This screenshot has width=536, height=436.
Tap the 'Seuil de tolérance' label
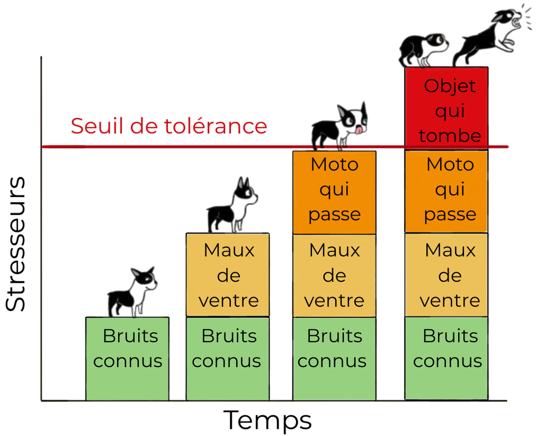[x=168, y=127]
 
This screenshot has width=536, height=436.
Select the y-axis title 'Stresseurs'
[x=16, y=244]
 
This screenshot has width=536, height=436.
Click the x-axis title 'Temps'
[x=267, y=420]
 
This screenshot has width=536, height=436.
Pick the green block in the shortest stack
[x=127, y=358]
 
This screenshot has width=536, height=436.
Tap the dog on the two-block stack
[x=233, y=207]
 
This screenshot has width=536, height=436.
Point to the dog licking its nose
[x=340, y=126]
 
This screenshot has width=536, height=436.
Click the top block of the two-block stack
[x=228, y=274]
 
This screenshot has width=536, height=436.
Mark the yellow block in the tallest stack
[x=446, y=274]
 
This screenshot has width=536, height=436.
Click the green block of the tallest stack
[x=446, y=358]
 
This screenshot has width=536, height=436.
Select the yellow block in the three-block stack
[x=334, y=274]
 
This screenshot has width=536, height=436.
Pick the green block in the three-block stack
[x=334, y=358]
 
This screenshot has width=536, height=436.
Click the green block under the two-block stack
[x=228, y=358]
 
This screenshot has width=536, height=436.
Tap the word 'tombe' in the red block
[x=450, y=136]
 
